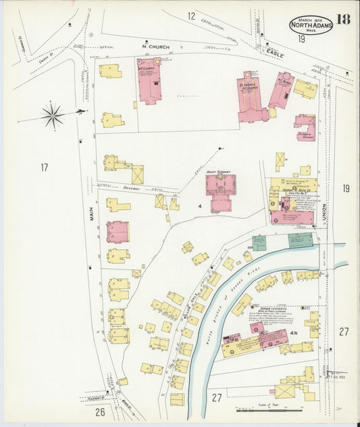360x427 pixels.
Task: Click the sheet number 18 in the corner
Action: (x=342, y=18)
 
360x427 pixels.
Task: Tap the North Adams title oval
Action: (x=311, y=25)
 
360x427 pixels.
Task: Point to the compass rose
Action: (x=52, y=115)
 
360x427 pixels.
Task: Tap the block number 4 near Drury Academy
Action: (x=199, y=204)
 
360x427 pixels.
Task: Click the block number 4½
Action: (x=294, y=332)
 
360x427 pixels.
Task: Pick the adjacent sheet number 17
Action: (x=44, y=166)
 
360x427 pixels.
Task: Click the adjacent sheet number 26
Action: (x=100, y=411)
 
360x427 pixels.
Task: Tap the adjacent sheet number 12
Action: (x=192, y=16)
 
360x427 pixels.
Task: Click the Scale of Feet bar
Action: (x=267, y=409)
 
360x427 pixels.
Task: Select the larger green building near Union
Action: (x=301, y=240)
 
